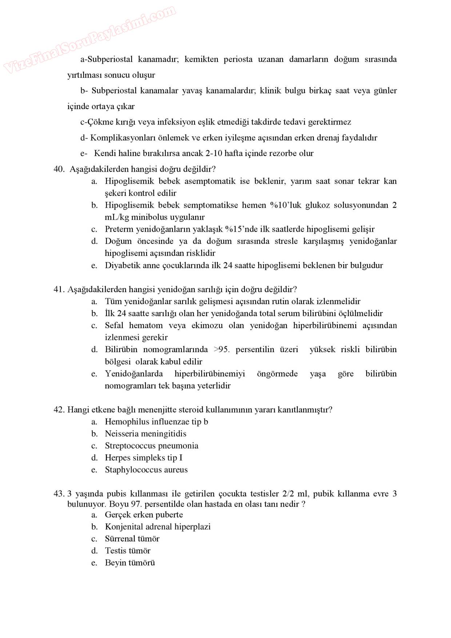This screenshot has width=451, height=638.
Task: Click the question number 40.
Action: pyautogui.click(x=59, y=169)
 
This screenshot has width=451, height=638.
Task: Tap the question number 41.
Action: pyautogui.click(x=59, y=290)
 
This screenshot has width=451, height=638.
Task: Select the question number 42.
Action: pyautogui.click(x=59, y=410)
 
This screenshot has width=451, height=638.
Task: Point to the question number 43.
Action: pyautogui.click(x=59, y=494)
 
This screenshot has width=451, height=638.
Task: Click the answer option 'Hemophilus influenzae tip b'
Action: pyautogui.click(x=156, y=422)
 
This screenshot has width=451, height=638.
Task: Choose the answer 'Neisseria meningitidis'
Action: pyautogui.click(x=145, y=434)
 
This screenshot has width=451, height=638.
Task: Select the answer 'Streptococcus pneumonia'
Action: pyautogui.click(x=151, y=446)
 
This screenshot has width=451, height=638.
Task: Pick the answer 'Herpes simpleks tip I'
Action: pyautogui.click(x=144, y=458)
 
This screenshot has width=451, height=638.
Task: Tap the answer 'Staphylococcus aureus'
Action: pyautogui.click(x=146, y=470)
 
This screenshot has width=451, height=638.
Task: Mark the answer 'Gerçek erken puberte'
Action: pyautogui.click(x=144, y=515)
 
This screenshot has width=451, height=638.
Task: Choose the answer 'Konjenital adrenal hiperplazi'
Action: pyautogui.click(x=157, y=527)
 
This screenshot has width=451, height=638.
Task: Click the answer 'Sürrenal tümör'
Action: pyautogui.click(x=132, y=539)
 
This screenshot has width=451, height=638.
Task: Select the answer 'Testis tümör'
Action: pyautogui.click(x=128, y=551)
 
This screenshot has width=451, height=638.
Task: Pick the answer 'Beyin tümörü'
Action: pyautogui.click(x=130, y=563)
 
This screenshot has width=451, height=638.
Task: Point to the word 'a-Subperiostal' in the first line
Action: pyautogui.click(x=106, y=59)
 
